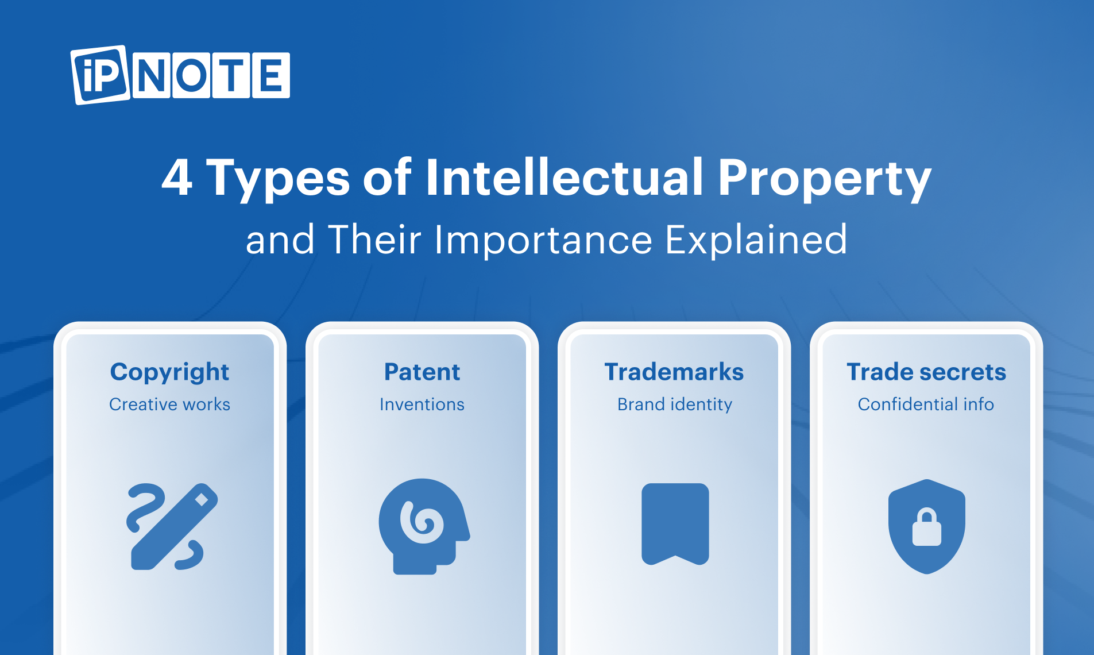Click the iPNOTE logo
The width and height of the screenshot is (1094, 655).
tap(180, 75)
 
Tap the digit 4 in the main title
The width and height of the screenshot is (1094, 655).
tap(177, 178)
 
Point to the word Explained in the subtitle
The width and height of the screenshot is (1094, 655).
tap(756, 240)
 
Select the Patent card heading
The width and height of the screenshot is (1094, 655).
tap(422, 372)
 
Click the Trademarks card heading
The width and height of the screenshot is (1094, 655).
tap(674, 372)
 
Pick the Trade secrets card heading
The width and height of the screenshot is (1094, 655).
tap(926, 372)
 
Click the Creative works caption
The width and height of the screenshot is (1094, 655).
tap(170, 404)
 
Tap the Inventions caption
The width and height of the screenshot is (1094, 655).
tap(422, 404)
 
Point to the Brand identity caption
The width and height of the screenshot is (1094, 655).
tap(675, 405)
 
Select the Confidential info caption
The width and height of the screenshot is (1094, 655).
tap(926, 404)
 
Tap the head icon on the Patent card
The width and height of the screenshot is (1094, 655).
tap(424, 526)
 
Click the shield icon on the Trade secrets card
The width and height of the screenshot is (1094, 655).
tap(927, 526)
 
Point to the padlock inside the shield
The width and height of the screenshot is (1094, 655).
tap(927, 527)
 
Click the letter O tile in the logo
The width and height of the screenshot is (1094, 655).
tap(191, 75)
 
